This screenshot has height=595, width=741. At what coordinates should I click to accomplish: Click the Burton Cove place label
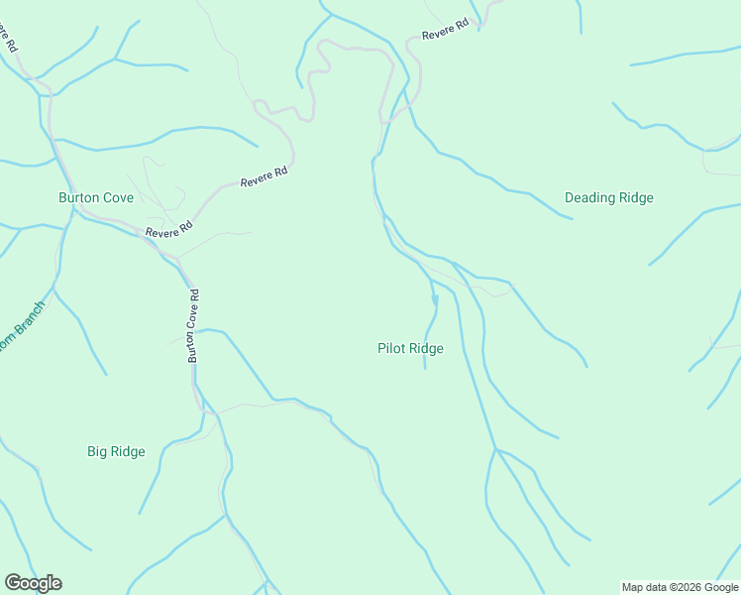pos(96,197)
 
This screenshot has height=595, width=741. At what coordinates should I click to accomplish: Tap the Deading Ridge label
pos(608,197)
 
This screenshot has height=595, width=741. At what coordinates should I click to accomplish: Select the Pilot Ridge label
pos(410,348)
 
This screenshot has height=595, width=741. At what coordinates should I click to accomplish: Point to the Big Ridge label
pos(116,452)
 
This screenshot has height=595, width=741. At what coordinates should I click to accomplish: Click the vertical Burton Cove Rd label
pos(194,325)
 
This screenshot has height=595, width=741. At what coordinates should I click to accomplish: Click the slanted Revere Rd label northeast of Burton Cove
pos(264,178)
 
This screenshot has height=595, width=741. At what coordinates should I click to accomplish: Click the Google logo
pos(33,583)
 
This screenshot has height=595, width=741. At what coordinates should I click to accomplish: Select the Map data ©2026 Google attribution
pos(680,587)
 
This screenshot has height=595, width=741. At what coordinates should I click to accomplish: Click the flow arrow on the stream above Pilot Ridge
pos(434,298)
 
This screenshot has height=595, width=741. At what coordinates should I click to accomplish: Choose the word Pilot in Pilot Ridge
pos(392,348)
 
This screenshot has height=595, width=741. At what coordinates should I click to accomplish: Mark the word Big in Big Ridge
pos(97,452)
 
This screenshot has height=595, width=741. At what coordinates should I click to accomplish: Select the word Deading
pos(589,197)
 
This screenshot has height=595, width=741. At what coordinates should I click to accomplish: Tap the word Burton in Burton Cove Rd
pos(194,346)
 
